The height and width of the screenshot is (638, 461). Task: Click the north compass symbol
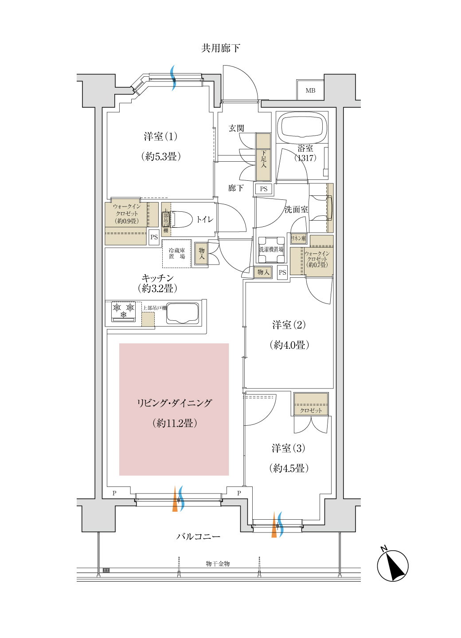coord(393,566)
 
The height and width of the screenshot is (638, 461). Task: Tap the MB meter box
coord(310,90)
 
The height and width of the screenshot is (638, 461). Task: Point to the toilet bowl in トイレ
coord(183,219)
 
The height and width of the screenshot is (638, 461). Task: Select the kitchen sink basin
coord(182,313)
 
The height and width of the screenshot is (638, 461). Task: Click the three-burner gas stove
coord(124,311)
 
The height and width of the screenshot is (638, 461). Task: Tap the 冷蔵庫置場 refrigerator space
coord(177,253)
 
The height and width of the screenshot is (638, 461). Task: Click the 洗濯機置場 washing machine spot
coord(271,249)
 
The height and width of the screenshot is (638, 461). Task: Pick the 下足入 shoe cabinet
coord(263,157)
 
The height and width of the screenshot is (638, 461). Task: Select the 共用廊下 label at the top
coord(221,48)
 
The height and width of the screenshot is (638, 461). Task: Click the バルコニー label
coord(198,537)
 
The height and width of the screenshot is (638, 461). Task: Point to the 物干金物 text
coord(218,564)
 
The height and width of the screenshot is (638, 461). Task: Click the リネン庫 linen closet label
coord(298,238)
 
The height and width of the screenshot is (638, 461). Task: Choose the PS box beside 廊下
coord(264,189)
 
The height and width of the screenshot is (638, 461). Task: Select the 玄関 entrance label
coord(236,128)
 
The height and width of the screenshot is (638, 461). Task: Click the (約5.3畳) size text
coord(161,156)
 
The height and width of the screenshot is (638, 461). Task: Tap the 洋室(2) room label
coord(289,325)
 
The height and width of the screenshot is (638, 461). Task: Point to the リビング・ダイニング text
coord(174,403)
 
